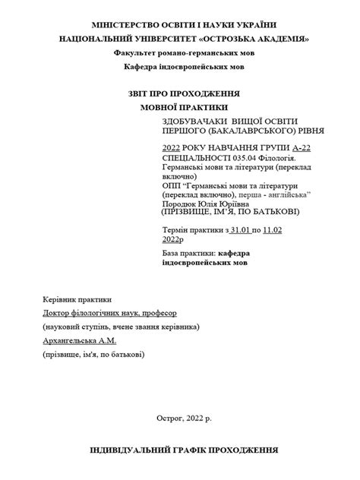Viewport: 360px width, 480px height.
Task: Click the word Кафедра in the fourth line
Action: pyautogui.click(x=141, y=67)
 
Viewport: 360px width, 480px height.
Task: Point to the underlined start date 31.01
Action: pyautogui.click(x=241, y=229)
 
